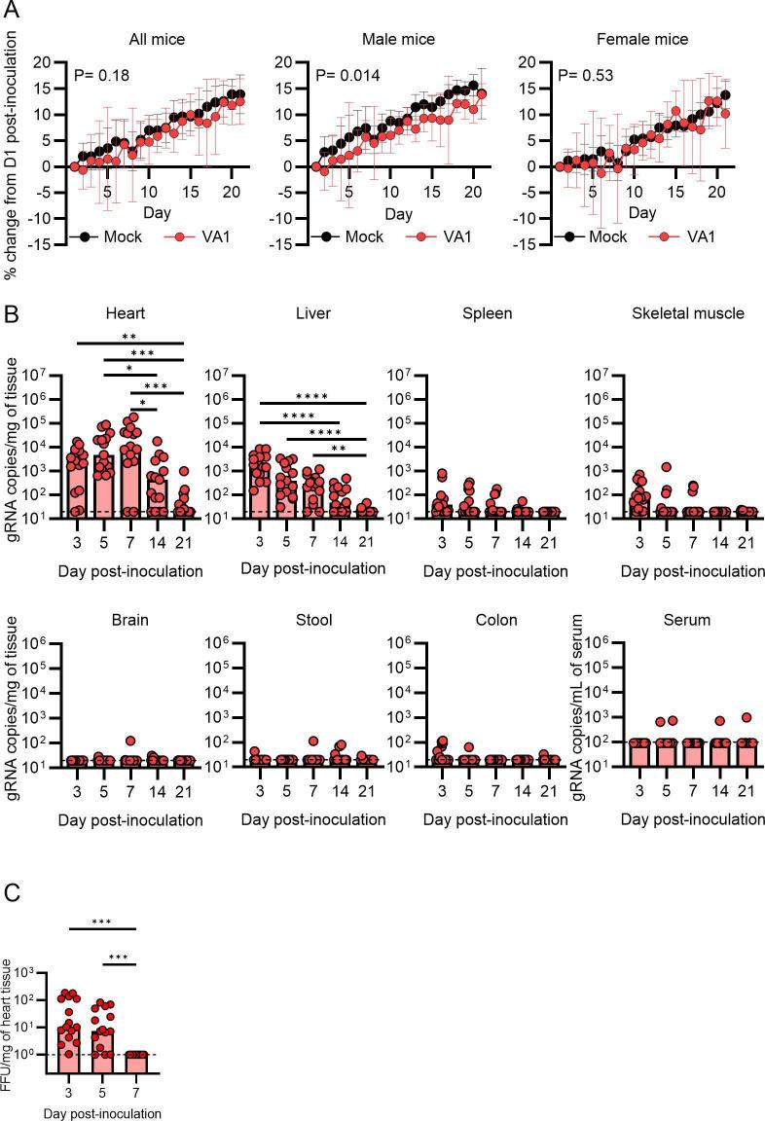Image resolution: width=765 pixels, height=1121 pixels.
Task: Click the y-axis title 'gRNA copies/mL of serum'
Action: (565, 705)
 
